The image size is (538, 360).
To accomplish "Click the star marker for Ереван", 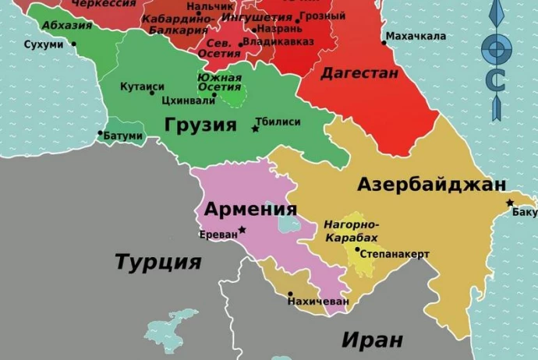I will (x=242, y=229).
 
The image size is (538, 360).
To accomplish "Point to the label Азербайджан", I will (x=431, y=185).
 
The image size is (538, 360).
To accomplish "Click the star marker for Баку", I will (x=510, y=203).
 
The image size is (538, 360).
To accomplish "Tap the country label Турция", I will (x=158, y=261).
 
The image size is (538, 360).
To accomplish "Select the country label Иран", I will (x=372, y=341).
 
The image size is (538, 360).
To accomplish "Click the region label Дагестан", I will (x=359, y=73).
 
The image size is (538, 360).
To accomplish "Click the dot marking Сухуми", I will (x=74, y=44).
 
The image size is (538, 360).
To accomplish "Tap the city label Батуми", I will (x=124, y=136).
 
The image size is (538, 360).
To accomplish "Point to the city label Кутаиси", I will (x=141, y=86).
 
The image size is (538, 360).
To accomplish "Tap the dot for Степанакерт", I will (x=358, y=250).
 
